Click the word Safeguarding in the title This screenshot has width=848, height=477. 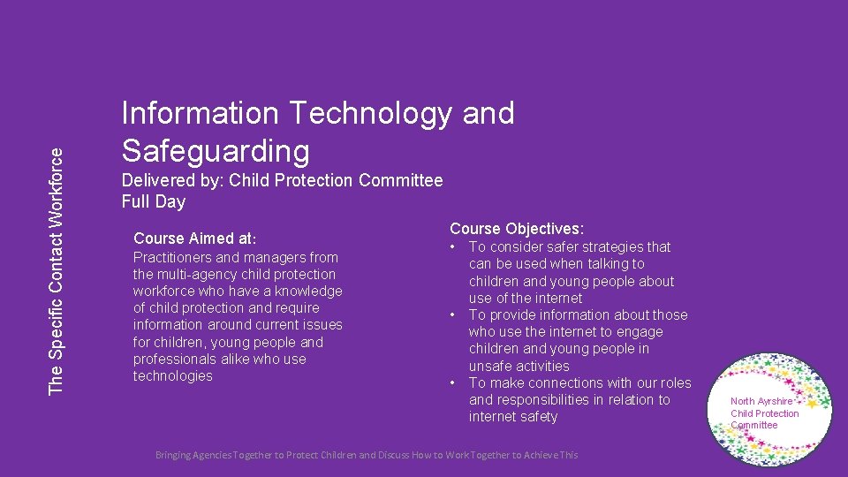tap(216, 151)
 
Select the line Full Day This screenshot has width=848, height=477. tap(154, 201)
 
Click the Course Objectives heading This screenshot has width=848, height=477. tap(517, 229)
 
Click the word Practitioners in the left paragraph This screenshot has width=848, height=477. tap(172, 258)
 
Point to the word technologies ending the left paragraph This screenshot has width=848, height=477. tap(173, 376)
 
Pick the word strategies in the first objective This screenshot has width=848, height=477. tap(610, 247)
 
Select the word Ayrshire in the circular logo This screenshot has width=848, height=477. tap(774, 401)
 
